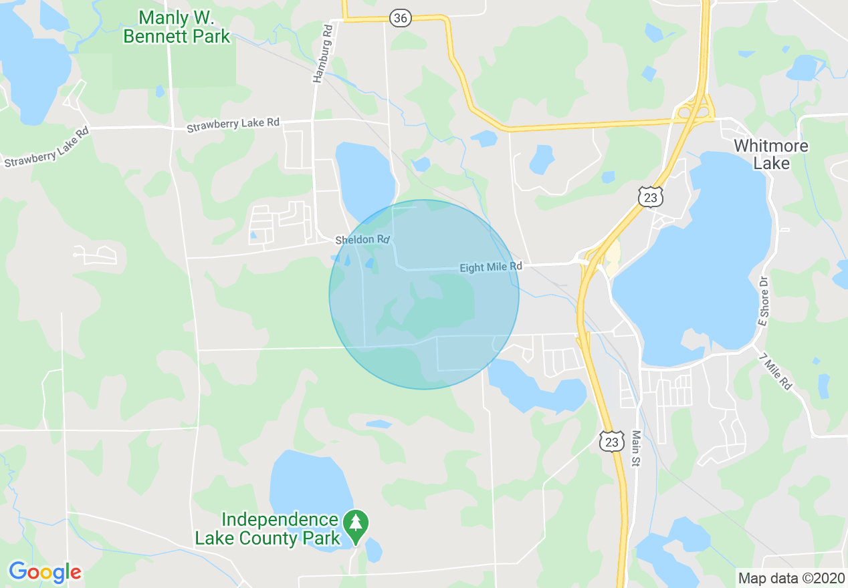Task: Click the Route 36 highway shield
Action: click(x=400, y=18)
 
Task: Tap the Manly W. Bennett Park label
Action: click(x=177, y=27)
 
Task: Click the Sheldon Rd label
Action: click(x=362, y=239)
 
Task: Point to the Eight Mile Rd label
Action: click(x=490, y=267)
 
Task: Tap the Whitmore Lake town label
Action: click(x=770, y=154)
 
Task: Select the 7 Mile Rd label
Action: click(x=775, y=372)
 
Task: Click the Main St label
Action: click(x=636, y=449)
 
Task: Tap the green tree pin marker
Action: click(x=355, y=525)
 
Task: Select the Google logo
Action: click(x=45, y=572)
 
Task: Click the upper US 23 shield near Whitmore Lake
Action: click(x=650, y=196)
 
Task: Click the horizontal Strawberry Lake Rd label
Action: click(x=233, y=124)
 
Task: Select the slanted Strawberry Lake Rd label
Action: click(x=46, y=148)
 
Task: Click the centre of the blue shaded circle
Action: click(x=424, y=295)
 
